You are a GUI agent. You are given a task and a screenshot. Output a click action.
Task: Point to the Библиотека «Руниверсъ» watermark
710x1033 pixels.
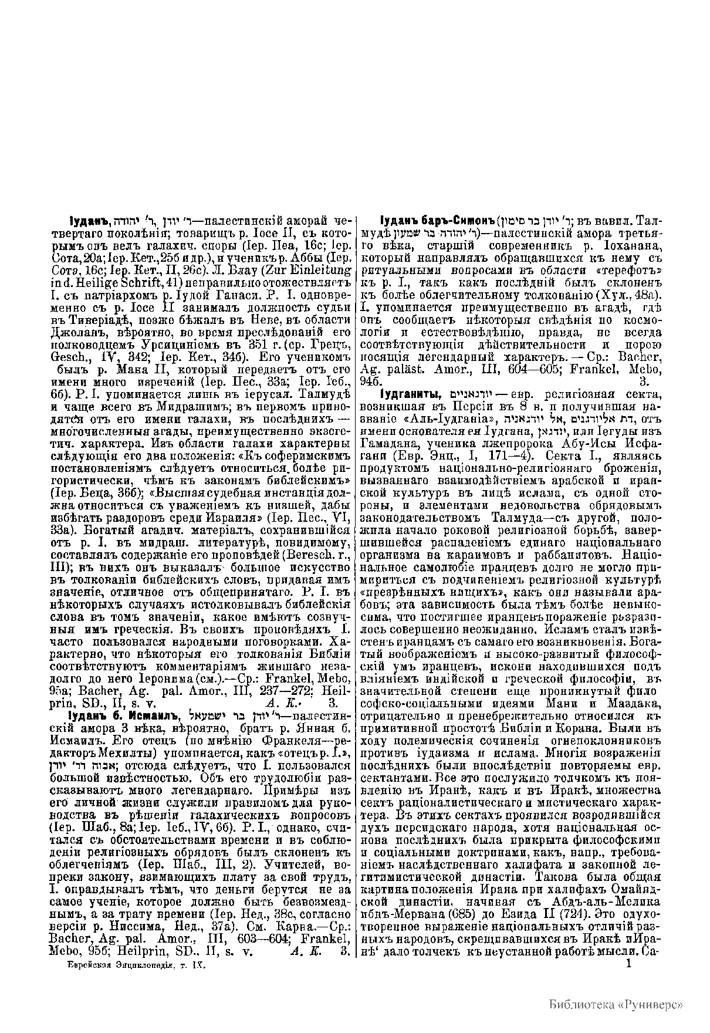point(616,1003)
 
